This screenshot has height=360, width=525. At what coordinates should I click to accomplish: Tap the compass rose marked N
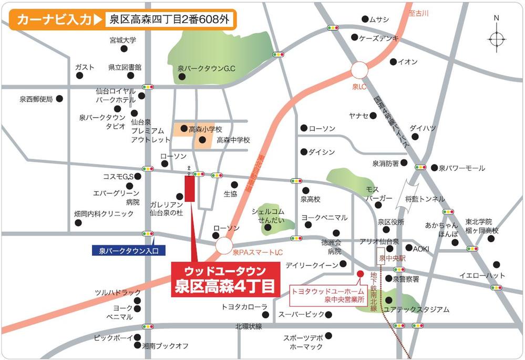point(496,38)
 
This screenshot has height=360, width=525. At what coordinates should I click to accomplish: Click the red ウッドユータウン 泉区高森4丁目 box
point(223,280)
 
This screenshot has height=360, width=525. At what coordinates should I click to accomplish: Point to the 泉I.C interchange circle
point(360,70)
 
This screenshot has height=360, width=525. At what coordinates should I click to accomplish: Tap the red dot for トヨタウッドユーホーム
point(360,273)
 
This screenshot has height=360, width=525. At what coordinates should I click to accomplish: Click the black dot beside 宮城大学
point(124,49)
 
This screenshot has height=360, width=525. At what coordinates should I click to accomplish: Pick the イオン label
point(408,62)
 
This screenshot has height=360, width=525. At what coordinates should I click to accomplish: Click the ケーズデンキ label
point(378,38)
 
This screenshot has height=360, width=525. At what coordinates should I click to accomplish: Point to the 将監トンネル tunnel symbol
point(410,188)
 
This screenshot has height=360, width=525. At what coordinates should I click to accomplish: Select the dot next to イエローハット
point(496,264)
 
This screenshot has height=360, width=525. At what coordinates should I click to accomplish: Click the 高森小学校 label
point(205,129)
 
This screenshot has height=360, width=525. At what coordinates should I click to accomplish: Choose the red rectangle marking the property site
point(189,188)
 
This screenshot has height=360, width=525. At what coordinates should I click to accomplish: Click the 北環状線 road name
point(249,326)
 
